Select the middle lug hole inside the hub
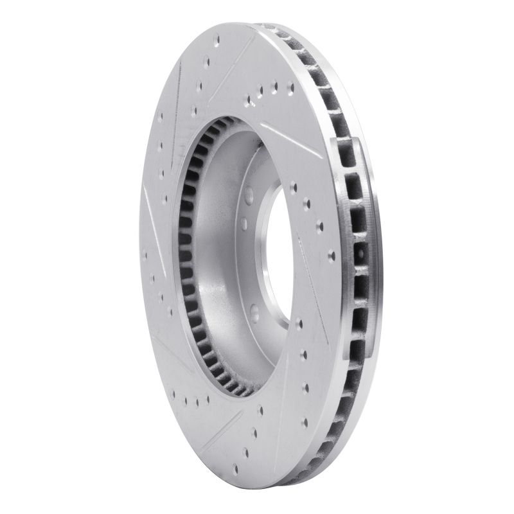(x=244, y=224)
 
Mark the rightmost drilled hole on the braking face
(x=332, y=256)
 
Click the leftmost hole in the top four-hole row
(x=248, y=100)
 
